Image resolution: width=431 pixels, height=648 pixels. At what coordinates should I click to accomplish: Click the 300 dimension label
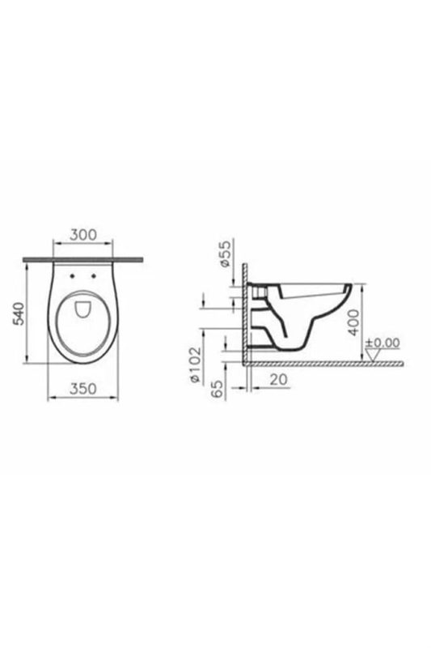[x=83, y=234]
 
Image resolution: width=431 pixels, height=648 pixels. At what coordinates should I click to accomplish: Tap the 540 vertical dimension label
[x=19, y=313]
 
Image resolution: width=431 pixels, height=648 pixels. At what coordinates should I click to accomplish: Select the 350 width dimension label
[x=83, y=389]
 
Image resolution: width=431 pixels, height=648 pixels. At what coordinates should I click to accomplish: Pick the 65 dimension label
[x=217, y=389]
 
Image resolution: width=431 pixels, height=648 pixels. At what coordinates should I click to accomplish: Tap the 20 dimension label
[x=279, y=379]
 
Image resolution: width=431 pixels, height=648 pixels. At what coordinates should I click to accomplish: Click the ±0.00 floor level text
[x=383, y=343]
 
